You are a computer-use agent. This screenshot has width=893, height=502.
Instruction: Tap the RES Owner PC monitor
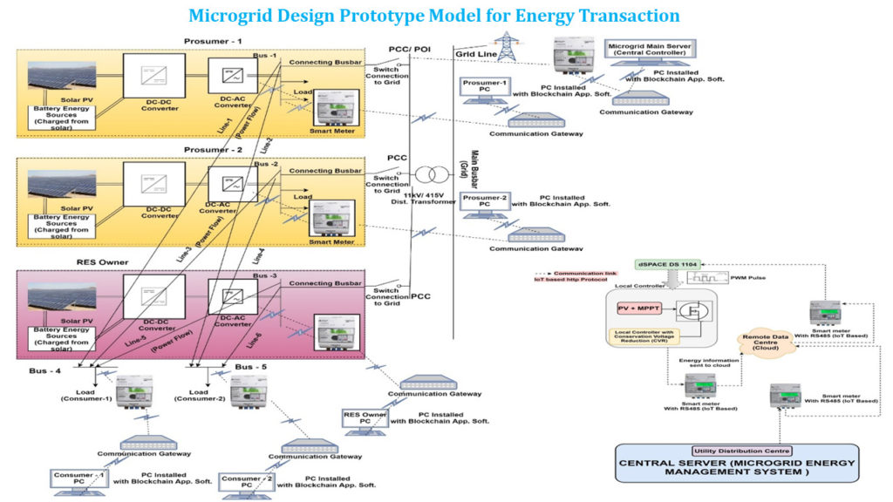pyautogui.click(x=365, y=420)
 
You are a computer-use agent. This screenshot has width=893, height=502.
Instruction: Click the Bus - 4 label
pyautogui.click(x=44, y=371)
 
